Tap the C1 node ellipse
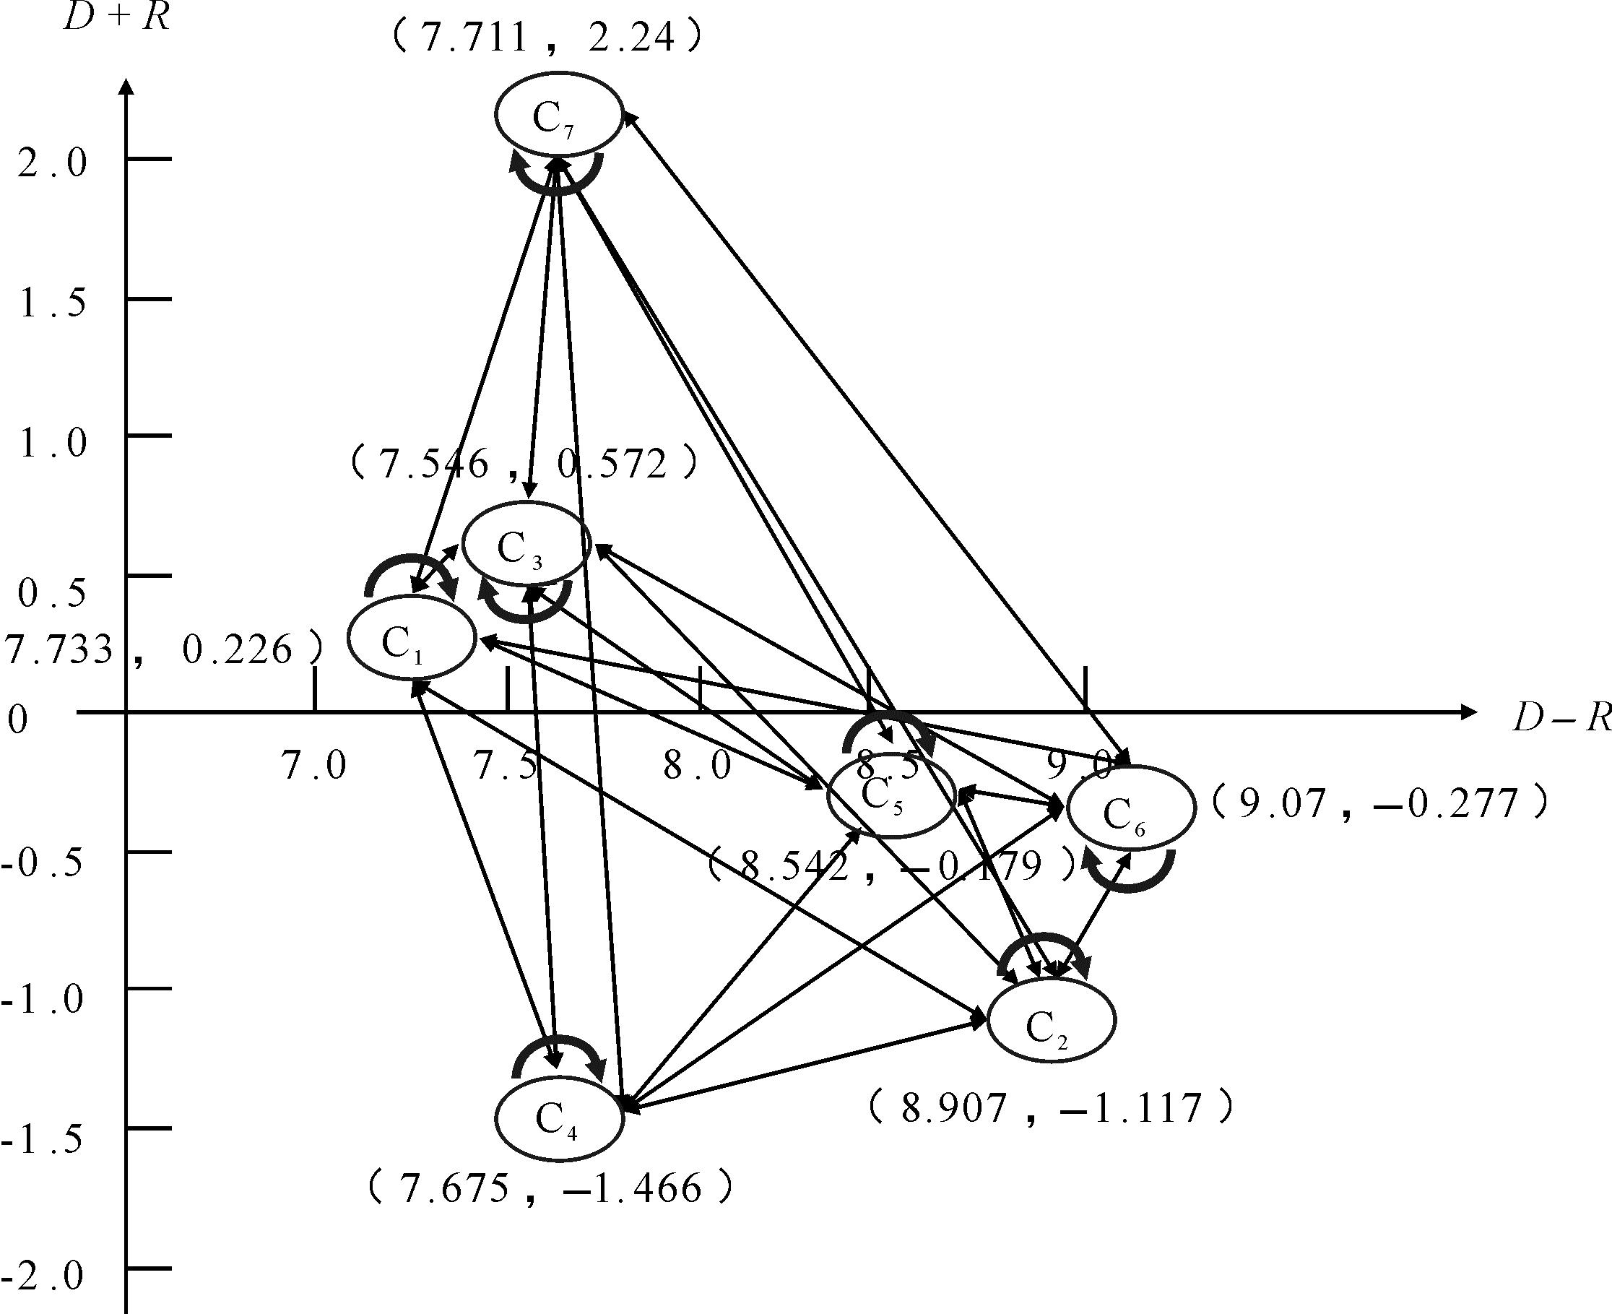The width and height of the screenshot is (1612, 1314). [411, 637]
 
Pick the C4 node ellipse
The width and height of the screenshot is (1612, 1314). [559, 1119]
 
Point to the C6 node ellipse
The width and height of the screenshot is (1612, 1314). [1131, 807]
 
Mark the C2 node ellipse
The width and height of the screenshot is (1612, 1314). [1052, 1020]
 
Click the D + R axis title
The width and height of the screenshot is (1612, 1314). [116, 17]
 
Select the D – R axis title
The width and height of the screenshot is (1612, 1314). [1561, 717]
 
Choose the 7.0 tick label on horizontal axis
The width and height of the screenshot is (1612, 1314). [314, 766]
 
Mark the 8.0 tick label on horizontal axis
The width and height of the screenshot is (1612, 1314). [698, 766]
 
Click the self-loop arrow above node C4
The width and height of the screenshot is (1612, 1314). [558, 1054]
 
